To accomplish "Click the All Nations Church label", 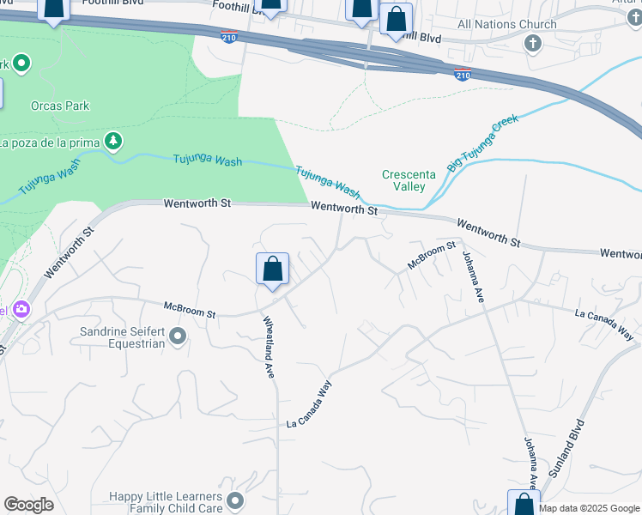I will tap(507, 24).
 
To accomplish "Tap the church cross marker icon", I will tap(532, 43).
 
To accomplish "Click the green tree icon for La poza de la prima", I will tap(112, 140).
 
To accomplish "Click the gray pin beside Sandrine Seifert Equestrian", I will tap(178, 336).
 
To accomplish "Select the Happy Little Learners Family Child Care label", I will tap(164, 503).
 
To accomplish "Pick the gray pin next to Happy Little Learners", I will tap(236, 499).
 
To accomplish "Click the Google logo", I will tap(28, 505).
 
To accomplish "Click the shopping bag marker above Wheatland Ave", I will tap(272, 270).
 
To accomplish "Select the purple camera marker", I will tap(20, 309).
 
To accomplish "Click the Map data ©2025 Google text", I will tap(589, 509).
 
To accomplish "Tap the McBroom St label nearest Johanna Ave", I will tap(431, 255).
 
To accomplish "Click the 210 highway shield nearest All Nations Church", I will tap(463, 76).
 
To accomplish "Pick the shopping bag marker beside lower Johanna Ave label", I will tap(524, 504).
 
